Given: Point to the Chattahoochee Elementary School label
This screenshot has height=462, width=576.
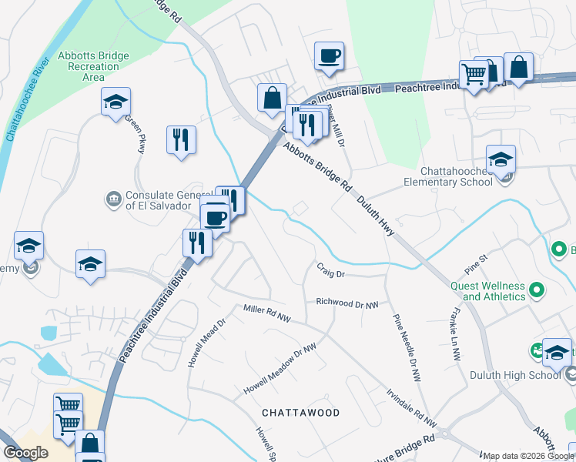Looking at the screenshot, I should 448,176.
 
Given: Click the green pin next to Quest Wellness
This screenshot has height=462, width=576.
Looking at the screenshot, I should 537,291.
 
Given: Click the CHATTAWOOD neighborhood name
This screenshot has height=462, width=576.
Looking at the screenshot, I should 300,413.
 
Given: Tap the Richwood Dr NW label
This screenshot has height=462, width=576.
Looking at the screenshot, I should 347,303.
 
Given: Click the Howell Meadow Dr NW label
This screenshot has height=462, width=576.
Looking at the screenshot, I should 281,368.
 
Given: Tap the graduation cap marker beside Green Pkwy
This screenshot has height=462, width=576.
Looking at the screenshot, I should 116,102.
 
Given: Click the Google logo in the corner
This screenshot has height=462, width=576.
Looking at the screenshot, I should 26,453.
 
